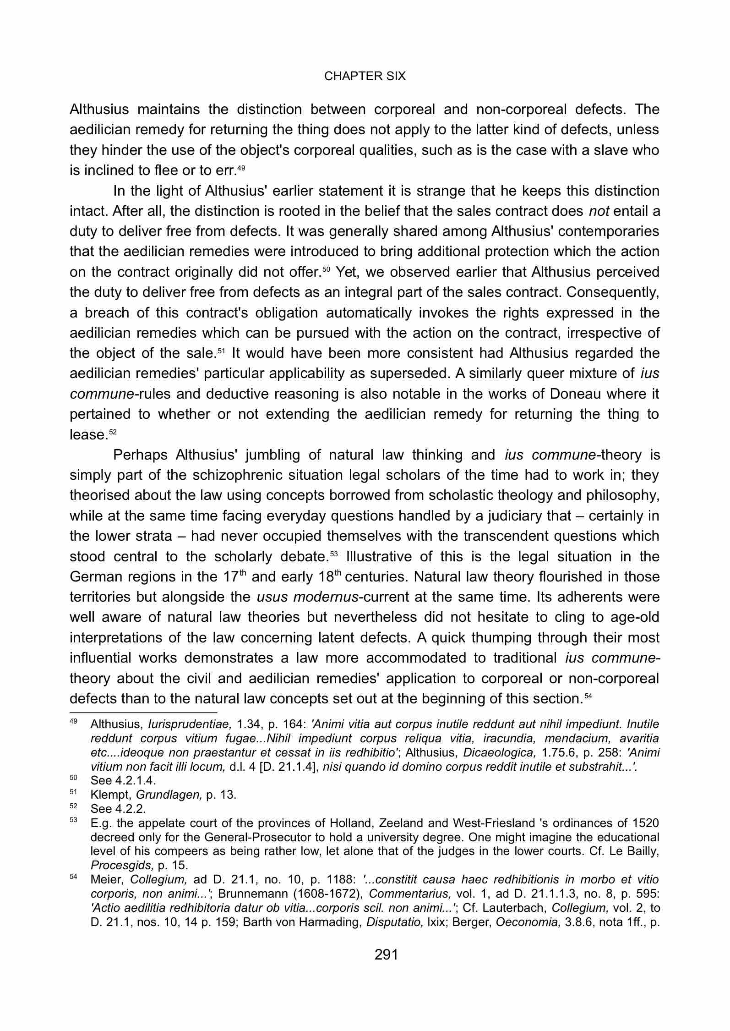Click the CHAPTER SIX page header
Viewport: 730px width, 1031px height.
tap(365, 76)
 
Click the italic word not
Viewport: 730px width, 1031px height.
tap(599, 211)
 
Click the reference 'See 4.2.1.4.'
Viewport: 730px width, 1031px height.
tap(123, 780)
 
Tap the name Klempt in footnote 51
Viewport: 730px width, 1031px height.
tap(106, 795)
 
